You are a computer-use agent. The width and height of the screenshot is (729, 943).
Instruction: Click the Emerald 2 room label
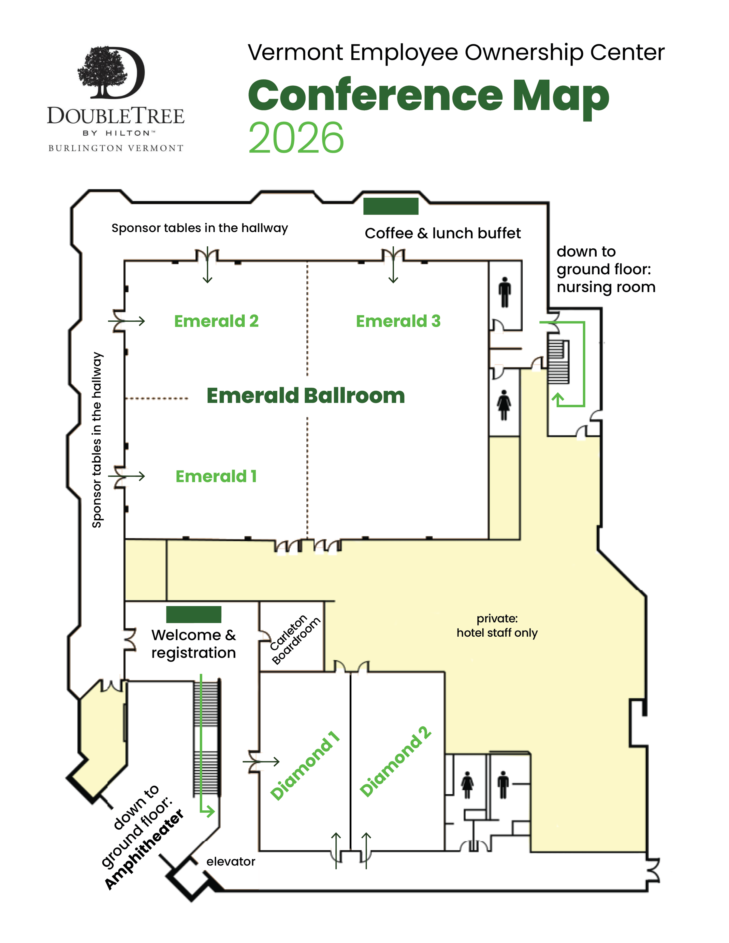[x=216, y=321]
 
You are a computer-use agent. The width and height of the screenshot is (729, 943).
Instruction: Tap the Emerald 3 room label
[x=398, y=321]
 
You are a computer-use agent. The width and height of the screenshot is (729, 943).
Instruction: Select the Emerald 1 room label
[x=216, y=476]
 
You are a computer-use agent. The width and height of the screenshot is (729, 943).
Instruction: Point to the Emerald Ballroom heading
[x=305, y=396]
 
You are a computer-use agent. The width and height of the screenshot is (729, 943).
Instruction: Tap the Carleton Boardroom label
[x=295, y=640]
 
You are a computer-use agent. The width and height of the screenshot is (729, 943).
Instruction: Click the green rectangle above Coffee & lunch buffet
[x=390, y=206]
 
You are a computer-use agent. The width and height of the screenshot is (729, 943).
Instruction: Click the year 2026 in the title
[x=296, y=138]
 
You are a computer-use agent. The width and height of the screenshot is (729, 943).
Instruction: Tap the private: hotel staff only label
[x=497, y=626]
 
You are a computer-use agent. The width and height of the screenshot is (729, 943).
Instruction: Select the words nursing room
[x=606, y=287]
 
